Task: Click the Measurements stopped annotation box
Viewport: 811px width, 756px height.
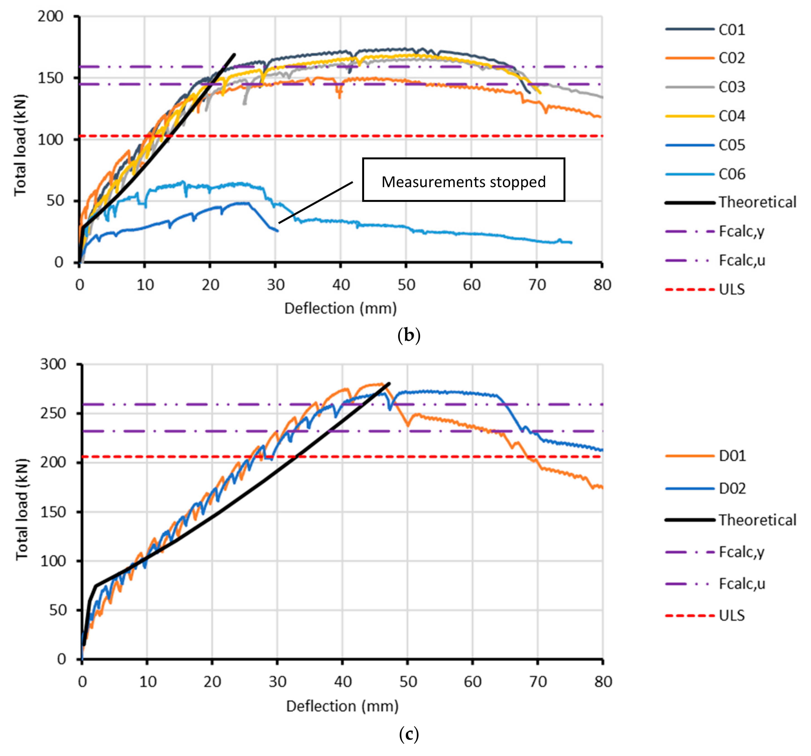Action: coord(463,180)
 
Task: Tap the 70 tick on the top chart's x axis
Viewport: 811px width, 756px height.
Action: coord(537,285)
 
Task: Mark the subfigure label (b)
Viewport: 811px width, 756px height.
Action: coord(408,335)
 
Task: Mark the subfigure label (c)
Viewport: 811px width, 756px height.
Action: coord(408,734)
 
